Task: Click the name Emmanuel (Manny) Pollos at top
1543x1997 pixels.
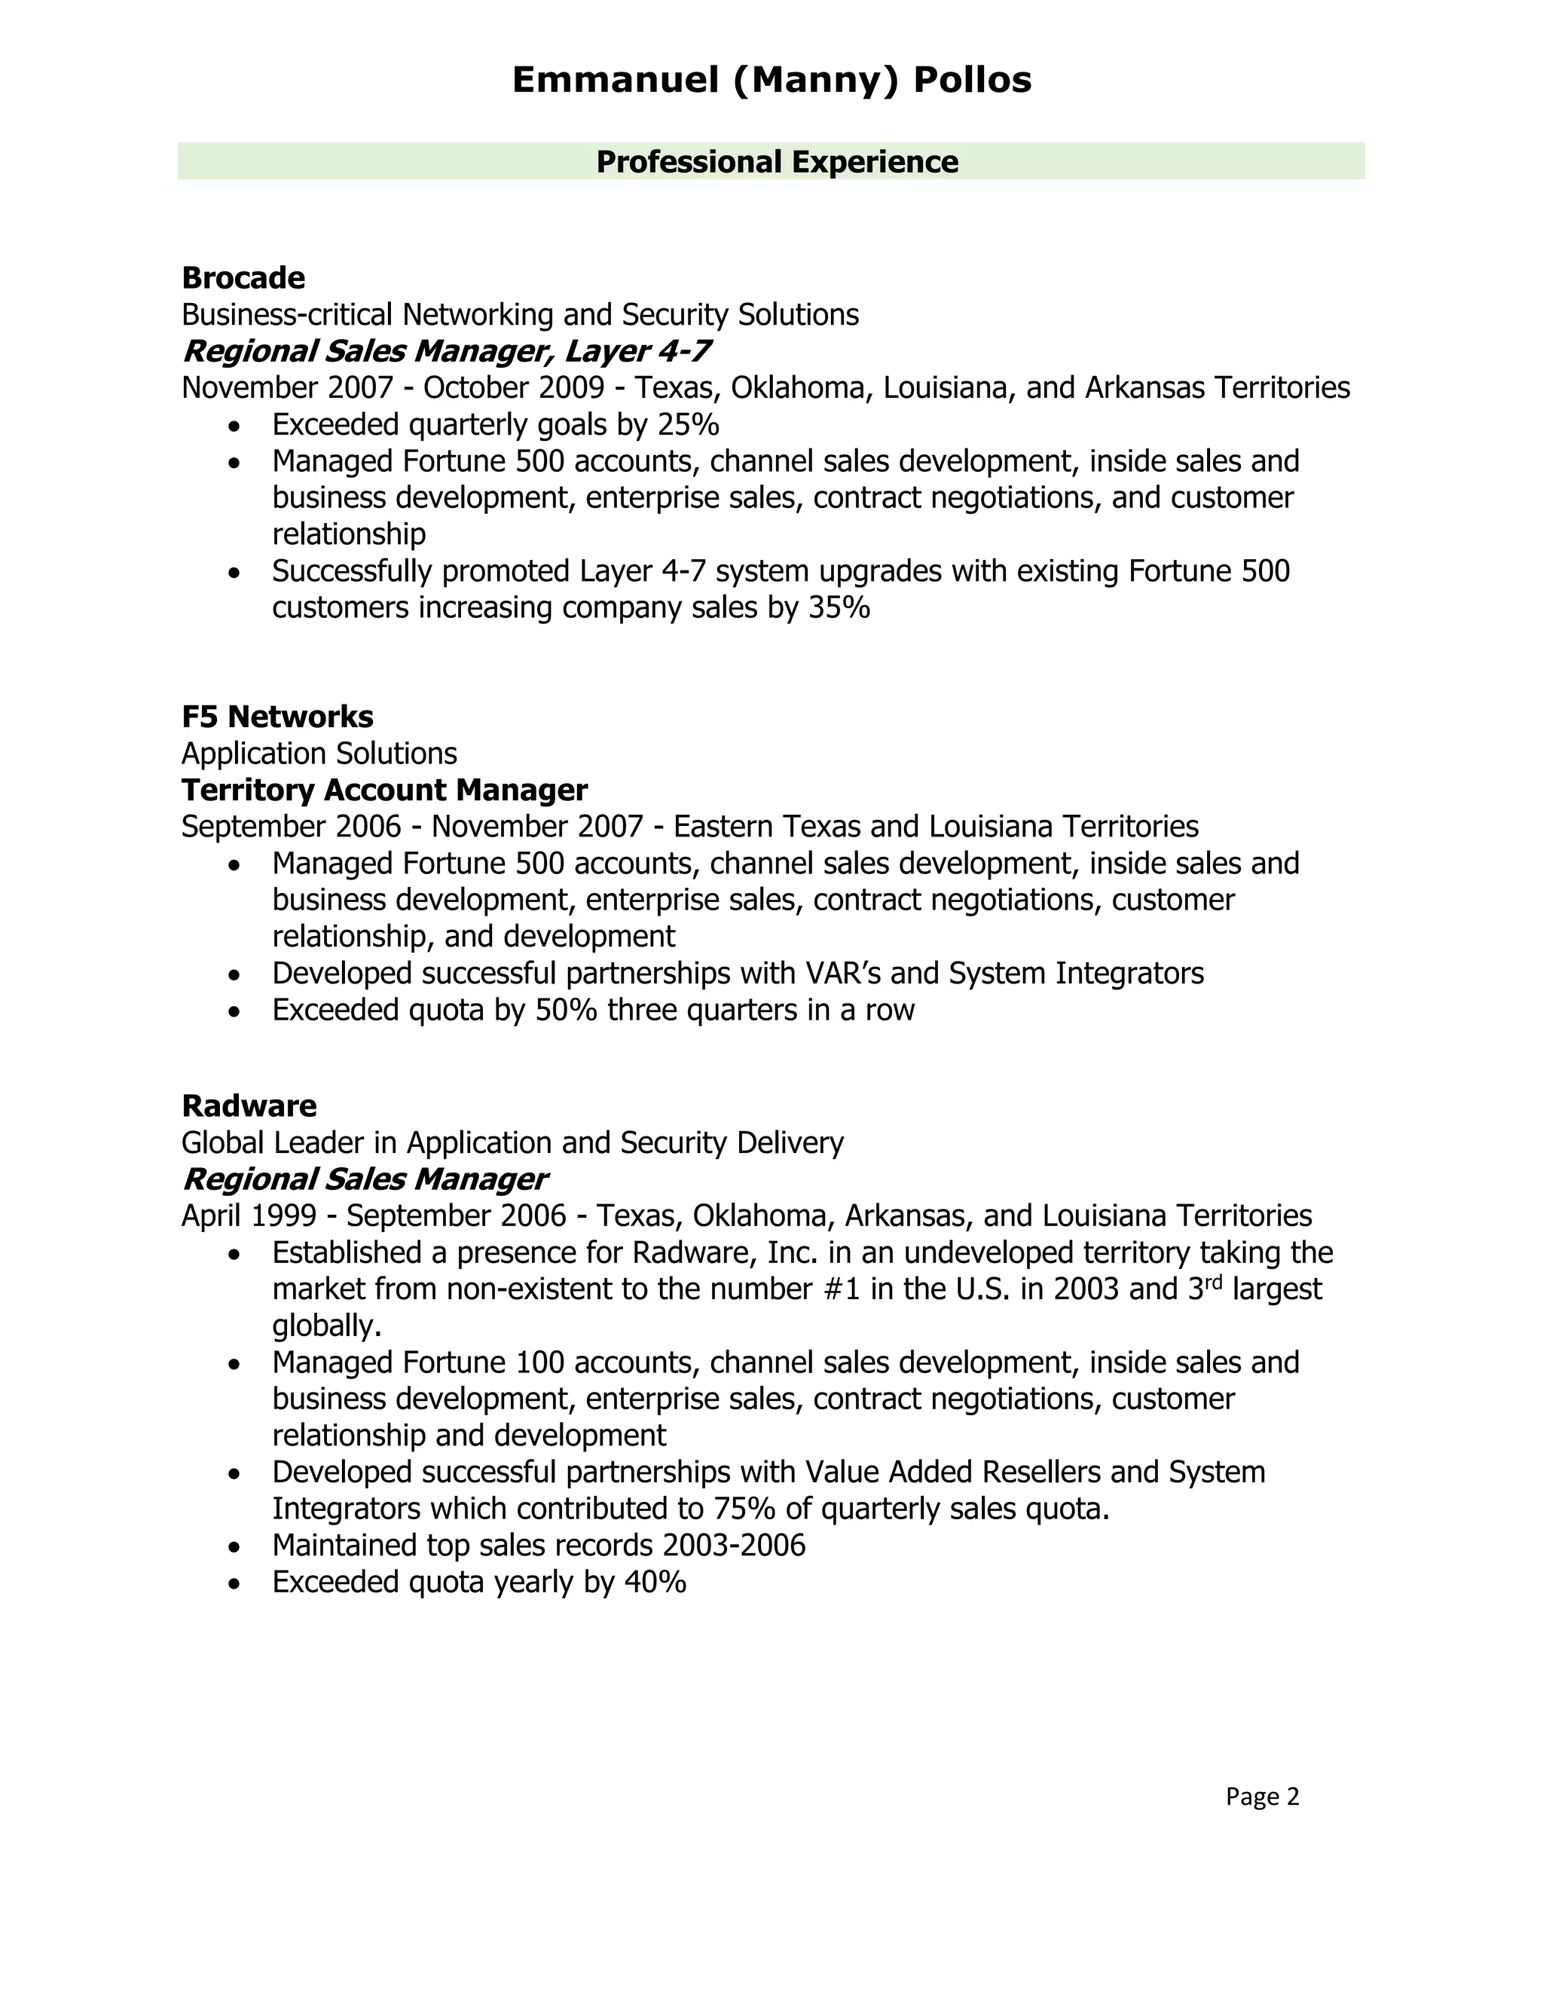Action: (771, 81)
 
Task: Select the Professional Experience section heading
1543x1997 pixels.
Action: (777, 162)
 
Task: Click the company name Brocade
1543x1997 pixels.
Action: (243, 277)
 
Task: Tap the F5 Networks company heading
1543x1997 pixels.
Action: (277, 716)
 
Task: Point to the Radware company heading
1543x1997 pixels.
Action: (249, 1106)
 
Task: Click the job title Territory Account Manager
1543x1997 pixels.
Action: (384, 789)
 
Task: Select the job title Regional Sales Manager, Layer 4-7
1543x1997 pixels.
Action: (445, 351)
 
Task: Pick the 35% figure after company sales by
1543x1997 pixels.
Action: (839, 607)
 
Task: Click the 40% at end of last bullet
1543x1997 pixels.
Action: (655, 1582)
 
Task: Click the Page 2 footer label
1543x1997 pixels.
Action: (1261, 1797)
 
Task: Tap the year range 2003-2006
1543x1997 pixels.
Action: (734, 1546)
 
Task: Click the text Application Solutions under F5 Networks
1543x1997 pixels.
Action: (319, 754)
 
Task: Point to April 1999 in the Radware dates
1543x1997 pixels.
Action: (249, 1216)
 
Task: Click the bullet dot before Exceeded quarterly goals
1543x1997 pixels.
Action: (236, 426)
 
